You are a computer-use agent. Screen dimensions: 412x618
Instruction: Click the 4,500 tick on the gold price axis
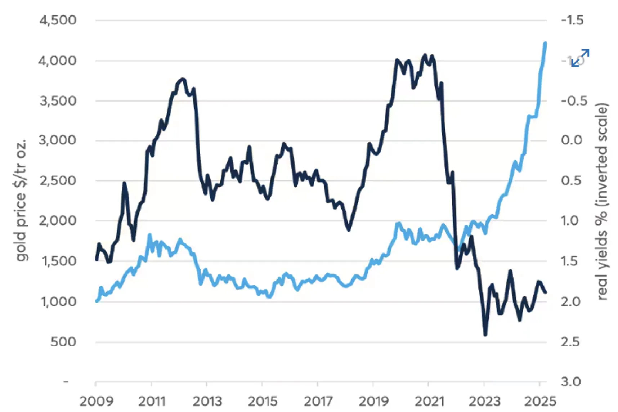(x=58, y=20)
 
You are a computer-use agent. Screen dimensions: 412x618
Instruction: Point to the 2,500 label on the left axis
(x=58, y=180)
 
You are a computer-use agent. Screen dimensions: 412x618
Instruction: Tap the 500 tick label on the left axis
(x=63, y=341)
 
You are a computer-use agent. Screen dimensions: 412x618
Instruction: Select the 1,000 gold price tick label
(x=59, y=301)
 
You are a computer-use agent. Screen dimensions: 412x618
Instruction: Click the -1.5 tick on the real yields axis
(x=572, y=20)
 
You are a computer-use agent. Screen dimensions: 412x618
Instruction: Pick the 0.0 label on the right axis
(x=571, y=140)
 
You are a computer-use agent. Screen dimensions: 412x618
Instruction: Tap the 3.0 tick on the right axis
(x=571, y=381)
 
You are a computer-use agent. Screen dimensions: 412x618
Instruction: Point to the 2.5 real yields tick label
(x=570, y=341)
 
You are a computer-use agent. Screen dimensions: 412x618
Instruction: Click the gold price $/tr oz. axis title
(x=22, y=200)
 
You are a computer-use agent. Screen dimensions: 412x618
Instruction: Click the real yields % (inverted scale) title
(x=602, y=202)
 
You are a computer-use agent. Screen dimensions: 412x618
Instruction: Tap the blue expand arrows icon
(x=580, y=58)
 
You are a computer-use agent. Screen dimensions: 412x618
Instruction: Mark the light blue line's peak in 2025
(x=545, y=43)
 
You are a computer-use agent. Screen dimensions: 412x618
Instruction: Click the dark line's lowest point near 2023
(x=485, y=335)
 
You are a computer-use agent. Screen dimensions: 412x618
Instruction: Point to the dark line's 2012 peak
(x=183, y=79)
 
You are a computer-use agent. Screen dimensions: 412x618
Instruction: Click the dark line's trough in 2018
(x=349, y=229)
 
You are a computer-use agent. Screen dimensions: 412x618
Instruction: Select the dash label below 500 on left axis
(x=66, y=381)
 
